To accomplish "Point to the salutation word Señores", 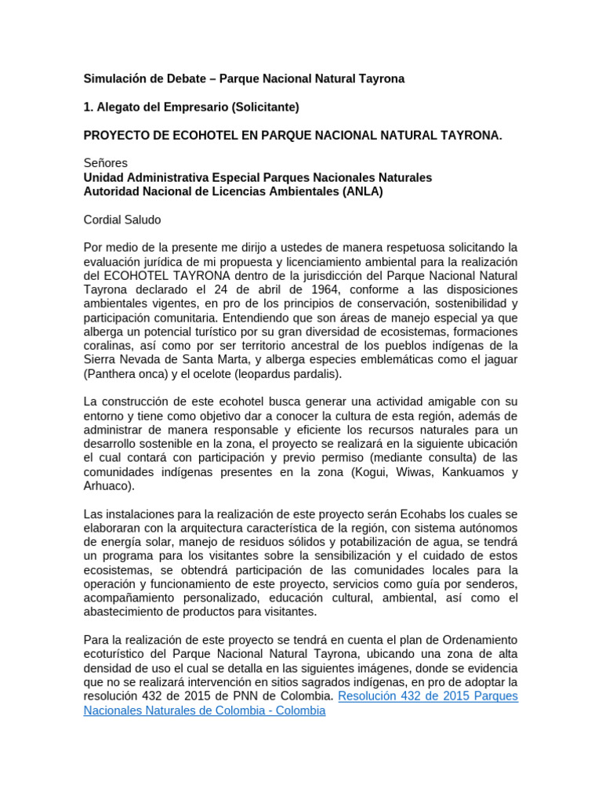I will [105, 163].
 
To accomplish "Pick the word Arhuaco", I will [107, 486].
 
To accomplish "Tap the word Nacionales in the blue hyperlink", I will [115, 711].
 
